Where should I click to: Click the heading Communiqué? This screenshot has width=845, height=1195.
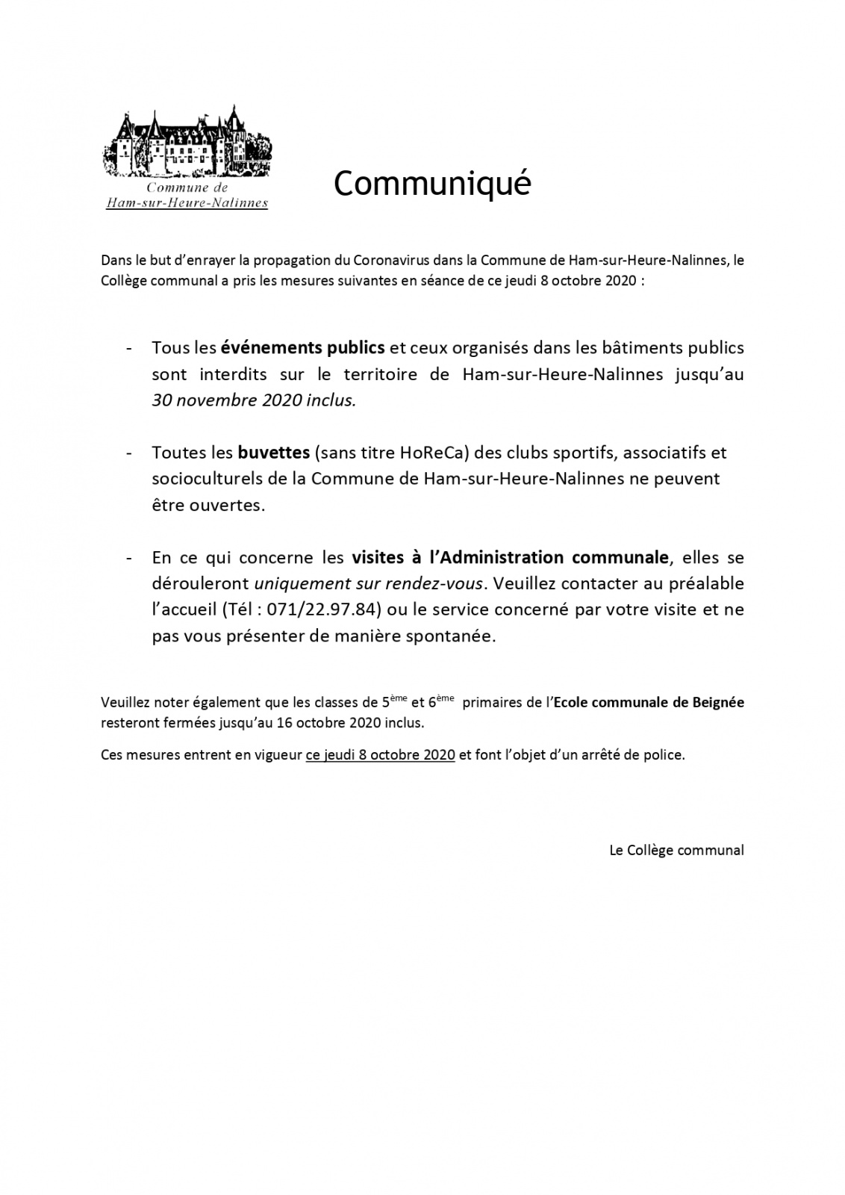(x=431, y=184)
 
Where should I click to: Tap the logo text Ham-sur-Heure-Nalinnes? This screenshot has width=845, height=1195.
(x=187, y=202)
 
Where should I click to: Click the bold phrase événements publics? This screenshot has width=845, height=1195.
(x=302, y=347)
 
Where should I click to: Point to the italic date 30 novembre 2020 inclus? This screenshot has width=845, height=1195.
(x=254, y=400)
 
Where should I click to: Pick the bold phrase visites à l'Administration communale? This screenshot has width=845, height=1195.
(x=510, y=557)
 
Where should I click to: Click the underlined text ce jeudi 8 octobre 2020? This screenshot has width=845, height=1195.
(x=380, y=754)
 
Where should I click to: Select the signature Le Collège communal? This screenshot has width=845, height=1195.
(x=676, y=850)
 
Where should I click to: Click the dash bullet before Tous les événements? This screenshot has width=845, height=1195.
(x=131, y=348)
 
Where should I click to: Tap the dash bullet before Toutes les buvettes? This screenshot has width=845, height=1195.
(x=131, y=453)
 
